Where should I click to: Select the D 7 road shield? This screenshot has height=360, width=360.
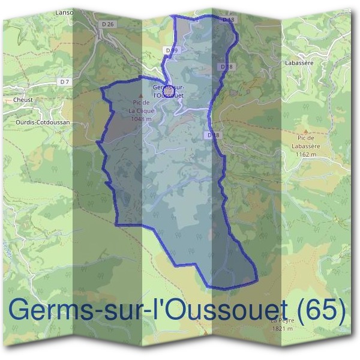tap(65, 80)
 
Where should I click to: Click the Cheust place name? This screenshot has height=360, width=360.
tap(23, 100)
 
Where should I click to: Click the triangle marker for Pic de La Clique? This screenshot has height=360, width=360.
tap(142, 96)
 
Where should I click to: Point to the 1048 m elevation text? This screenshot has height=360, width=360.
tap(142, 119)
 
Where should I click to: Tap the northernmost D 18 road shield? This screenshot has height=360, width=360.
tap(227, 20)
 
